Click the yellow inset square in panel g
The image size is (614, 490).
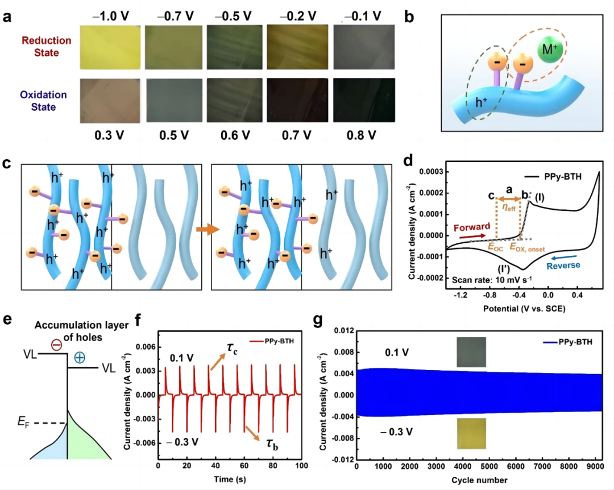pyautogui.click(x=470, y=434)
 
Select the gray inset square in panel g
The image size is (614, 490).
pyautogui.click(x=471, y=352)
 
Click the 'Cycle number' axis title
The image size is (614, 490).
pyautogui.click(x=479, y=480)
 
